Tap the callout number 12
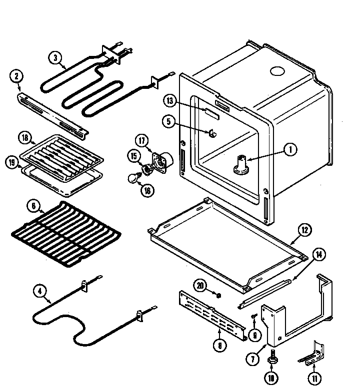(x=305, y=230)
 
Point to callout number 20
(x=200, y=286)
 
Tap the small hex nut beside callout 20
(x=218, y=296)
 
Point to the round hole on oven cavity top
(x=276, y=71)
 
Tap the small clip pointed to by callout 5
(x=212, y=133)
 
